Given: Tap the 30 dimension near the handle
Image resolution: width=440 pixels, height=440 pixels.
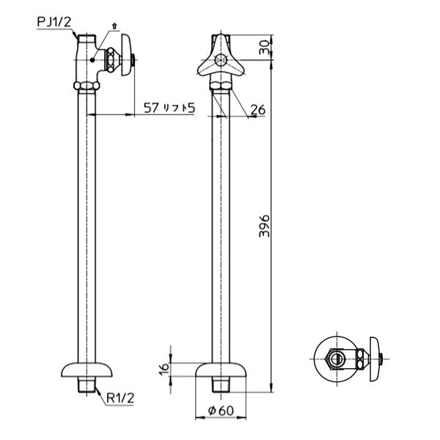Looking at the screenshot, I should coord(265,48).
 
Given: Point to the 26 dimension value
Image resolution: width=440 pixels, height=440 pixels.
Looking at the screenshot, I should coord(257,111).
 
